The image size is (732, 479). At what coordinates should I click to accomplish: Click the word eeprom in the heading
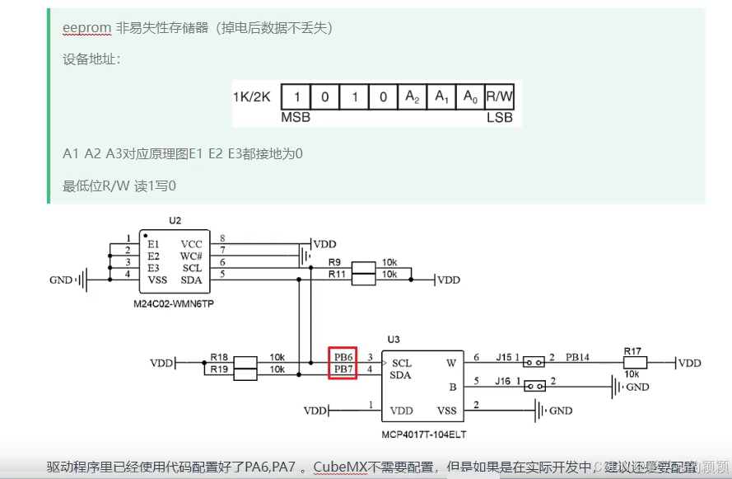pos(86,28)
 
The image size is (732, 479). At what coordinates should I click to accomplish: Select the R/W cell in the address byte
pos(499,96)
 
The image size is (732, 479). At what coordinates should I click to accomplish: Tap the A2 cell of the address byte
pos(413,96)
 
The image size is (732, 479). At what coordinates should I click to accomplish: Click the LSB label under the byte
pos(499,117)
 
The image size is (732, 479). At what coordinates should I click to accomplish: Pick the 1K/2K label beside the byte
pos(251,97)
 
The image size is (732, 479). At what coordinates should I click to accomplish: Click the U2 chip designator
pos(175,221)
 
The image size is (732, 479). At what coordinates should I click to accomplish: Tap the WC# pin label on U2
pos(191,256)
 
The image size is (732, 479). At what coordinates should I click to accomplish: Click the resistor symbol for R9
pos(363,266)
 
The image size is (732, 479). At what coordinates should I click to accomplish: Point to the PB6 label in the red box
pos(343,357)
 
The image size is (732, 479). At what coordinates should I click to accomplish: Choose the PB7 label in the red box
pos(343,370)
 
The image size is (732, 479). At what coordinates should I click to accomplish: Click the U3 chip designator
pos(393,340)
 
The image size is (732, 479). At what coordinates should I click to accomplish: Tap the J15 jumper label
pos(503,357)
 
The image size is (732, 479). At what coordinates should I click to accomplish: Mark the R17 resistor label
pos(632,351)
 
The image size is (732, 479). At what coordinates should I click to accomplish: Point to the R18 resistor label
pos(218,357)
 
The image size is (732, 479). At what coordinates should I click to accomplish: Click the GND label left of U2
pos(61,280)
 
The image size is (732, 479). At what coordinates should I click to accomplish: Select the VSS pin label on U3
pos(446,410)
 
